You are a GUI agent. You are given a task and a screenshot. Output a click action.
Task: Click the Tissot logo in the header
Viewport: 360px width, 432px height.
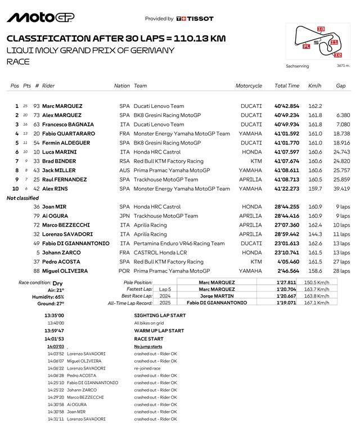(195, 19)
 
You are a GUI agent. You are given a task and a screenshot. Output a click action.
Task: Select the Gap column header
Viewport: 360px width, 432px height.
(341, 86)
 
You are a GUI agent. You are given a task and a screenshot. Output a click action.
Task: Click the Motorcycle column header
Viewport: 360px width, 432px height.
(249, 86)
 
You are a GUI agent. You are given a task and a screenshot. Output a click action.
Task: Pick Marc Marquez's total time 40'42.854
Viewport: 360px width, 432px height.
(287, 106)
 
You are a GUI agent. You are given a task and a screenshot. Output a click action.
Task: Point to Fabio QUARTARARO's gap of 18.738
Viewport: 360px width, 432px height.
(342, 134)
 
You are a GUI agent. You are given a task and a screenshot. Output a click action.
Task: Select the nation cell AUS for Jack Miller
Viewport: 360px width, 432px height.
(124, 170)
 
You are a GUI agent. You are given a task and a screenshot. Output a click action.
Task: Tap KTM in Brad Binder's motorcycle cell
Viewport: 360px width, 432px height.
(255, 161)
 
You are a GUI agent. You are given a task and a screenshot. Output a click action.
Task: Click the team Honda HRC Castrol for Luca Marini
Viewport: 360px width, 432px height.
(157, 152)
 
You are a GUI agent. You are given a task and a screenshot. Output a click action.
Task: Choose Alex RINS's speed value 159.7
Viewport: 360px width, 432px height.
(315, 188)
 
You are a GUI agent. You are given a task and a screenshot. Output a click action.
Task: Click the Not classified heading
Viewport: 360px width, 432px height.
(23, 198)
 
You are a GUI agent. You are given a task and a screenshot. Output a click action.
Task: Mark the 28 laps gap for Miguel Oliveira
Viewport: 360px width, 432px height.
(341, 271)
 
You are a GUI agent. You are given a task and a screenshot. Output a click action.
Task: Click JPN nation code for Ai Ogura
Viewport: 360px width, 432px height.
(124, 216)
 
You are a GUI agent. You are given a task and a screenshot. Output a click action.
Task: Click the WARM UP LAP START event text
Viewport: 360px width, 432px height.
(159, 331)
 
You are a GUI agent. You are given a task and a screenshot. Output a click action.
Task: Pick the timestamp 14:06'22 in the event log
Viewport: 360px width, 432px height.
(56, 368)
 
